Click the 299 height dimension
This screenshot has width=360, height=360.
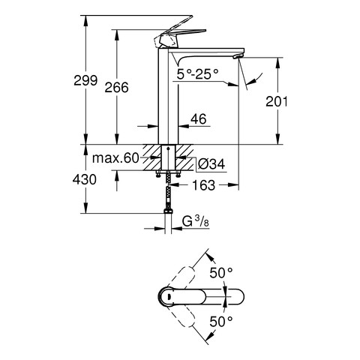pos(85,81)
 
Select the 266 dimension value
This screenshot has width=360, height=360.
pos(116,88)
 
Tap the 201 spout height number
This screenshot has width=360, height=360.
pos(276,101)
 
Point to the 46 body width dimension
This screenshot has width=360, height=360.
pos(199,118)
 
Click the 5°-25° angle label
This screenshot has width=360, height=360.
pos(197,74)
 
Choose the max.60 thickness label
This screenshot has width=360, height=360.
pos(115,158)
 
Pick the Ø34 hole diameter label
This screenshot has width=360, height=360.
pos(211,164)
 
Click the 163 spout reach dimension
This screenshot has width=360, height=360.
pos(204,185)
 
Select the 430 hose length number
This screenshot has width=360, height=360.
pos(85,179)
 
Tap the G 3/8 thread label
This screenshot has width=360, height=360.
pos(195,220)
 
